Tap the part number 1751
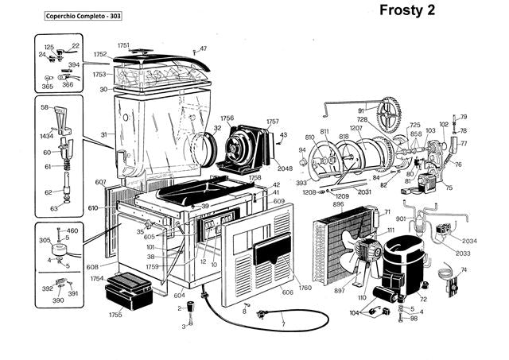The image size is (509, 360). [123, 45]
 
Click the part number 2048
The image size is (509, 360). [286, 168]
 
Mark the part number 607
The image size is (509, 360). [100, 183]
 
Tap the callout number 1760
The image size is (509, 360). [305, 287]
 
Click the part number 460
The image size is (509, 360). [72, 230]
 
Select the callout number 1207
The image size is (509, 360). [356, 128]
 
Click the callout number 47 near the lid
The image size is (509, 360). [203, 49]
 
